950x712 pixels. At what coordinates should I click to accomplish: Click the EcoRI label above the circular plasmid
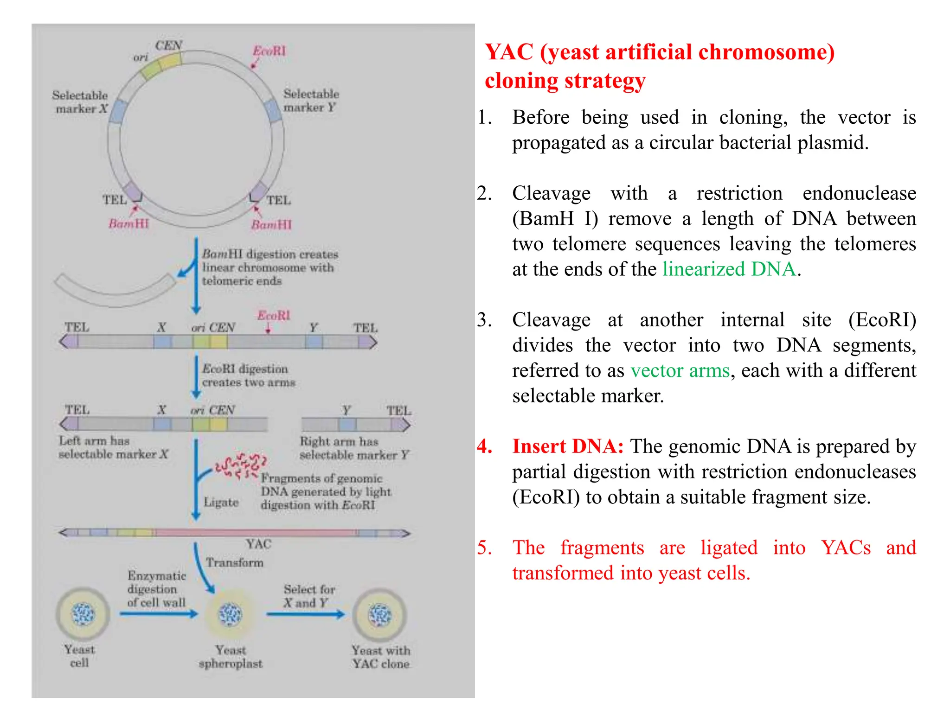(x=270, y=51)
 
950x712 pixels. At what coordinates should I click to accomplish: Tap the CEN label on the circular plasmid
(x=168, y=45)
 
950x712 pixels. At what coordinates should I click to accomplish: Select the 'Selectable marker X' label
(x=80, y=102)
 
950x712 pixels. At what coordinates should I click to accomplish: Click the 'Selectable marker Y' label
(x=311, y=101)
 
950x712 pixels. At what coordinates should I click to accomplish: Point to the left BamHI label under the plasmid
(x=128, y=224)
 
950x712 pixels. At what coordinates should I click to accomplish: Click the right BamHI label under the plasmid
(x=271, y=225)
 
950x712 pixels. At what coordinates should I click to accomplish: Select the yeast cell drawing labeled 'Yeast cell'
(x=83, y=614)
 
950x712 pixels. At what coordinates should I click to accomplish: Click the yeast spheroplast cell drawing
(x=230, y=615)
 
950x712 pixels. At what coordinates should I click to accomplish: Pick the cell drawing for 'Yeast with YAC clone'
(x=380, y=615)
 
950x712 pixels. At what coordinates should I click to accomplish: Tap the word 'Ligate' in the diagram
(x=221, y=502)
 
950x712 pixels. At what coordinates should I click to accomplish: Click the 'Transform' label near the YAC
(x=235, y=563)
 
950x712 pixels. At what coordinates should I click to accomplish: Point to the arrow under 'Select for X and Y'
(x=306, y=615)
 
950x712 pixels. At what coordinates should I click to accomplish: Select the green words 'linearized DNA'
(x=729, y=269)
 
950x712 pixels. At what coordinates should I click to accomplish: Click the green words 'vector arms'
(x=680, y=371)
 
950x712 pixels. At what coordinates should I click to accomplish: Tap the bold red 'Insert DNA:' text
(x=568, y=446)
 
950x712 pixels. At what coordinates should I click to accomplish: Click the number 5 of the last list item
(x=484, y=548)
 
